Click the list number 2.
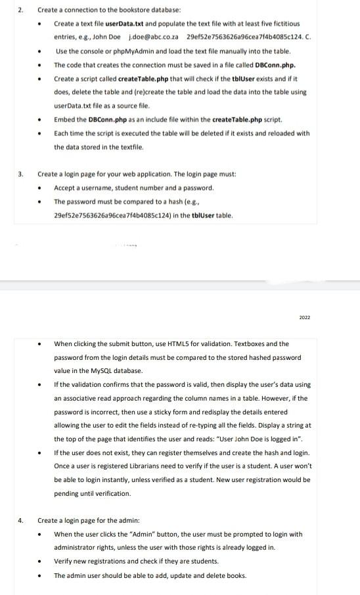tap(20, 11)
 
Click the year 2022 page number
tap(304, 317)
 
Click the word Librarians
tap(167, 466)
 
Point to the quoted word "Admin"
tap(132, 534)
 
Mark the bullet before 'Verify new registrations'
tap(41, 562)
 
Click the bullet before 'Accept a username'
tap(41, 188)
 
